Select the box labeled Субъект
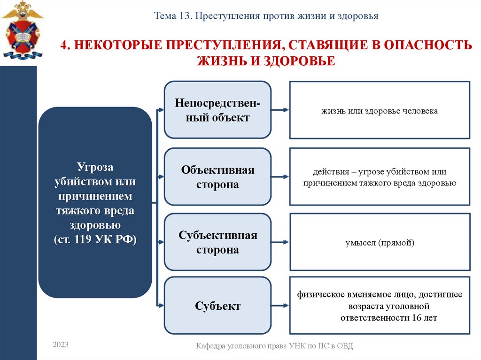pos(217,306)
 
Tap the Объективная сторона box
pos(217,177)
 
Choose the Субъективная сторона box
pos(217,242)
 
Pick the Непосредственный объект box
pos(217,110)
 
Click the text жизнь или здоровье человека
pos(380,111)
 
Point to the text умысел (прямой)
pos(380,243)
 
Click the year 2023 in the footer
pos(61,345)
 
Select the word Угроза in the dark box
pos(95,167)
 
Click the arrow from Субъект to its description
pos(280,305)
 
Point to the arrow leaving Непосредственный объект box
pos(280,110)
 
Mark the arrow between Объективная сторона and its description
pos(280,177)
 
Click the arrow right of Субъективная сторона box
pos(280,243)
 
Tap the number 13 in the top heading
pos(184,16)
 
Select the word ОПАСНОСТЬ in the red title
pos(425,46)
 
